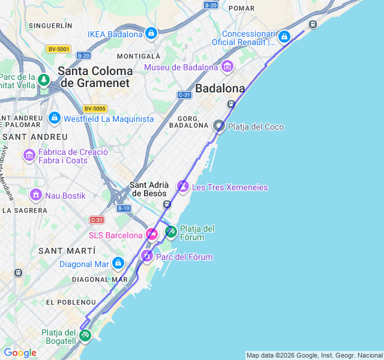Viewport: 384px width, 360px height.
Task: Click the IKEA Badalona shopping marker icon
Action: point(151,34)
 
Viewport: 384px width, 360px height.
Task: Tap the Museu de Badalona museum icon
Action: point(227,67)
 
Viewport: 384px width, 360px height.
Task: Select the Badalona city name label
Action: point(220,89)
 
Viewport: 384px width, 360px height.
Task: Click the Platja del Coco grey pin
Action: point(219,126)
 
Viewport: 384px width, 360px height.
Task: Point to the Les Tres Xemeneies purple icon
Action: point(183,187)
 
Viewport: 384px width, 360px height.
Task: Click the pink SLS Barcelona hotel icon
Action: point(152,235)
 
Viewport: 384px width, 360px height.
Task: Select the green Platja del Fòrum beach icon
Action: point(171,231)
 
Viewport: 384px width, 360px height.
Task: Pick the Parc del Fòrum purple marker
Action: point(147,257)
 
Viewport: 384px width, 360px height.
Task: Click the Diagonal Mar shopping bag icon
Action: point(118,263)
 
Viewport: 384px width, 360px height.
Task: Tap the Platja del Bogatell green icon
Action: point(85,335)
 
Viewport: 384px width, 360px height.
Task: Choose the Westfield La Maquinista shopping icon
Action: point(55,118)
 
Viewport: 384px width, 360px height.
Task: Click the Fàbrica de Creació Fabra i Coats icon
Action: point(29,156)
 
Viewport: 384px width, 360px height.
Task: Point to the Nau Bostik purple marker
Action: point(36,196)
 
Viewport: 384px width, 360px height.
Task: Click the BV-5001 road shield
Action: point(58,49)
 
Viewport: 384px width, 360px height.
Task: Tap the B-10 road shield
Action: point(124,208)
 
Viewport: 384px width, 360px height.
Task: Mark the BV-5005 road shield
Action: point(95,109)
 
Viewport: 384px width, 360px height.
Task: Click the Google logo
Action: point(20,353)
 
